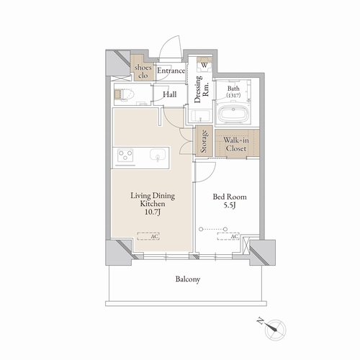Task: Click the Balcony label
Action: pyautogui.click(x=188, y=279)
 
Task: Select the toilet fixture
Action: pyautogui.click(x=124, y=94)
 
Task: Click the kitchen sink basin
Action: pyautogui.click(x=158, y=155)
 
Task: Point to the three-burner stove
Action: pyautogui.click(x=125, y=155)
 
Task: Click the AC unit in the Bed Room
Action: pyautogui.click(x=228, y=236)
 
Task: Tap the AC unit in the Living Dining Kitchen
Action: pyautogui.click(x=148, y=236)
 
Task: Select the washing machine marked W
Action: pyautogui.click(x=204, y=65)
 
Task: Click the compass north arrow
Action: pyautogui.click(x=271, y=327)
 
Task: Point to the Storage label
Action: pyautogui.click(x=204, y=141)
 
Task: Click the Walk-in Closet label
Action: pyautogui.click(x=236, y=144)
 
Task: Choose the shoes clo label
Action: pyautogui.click(x=143, y=71)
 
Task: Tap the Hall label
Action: pyautogui.click(x=170, y=94)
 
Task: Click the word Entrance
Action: pyautogui.click(x=171, y=71)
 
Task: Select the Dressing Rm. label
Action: pyautogui.click(x=202, y=89)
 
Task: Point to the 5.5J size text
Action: pyautogui.click(x=230, y=205)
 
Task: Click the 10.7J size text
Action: pyautogui.click(x=153, y=212)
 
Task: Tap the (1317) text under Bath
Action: pyautogui.click(x=233, y=95)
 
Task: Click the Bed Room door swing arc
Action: pyautogui.click(x=210, y=175)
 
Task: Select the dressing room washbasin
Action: pyautogui.click(x=200, y=116)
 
